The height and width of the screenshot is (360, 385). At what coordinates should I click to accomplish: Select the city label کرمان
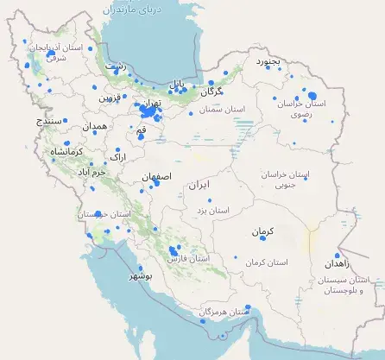pyautogui.click(x=262, y=233)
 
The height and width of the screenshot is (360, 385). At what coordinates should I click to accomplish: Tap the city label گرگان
pyautogui.click(x=212, y=91)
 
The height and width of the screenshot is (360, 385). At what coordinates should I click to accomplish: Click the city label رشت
pyautogui.click(x=114, y=66)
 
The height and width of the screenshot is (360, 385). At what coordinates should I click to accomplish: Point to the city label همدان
pyautogui.click(x=95, y=127)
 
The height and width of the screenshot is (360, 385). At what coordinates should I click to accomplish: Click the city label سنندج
pyautogui.click(x=50, y=122)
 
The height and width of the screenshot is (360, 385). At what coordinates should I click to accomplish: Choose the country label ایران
pyautogui.click(x=199, y=185)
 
